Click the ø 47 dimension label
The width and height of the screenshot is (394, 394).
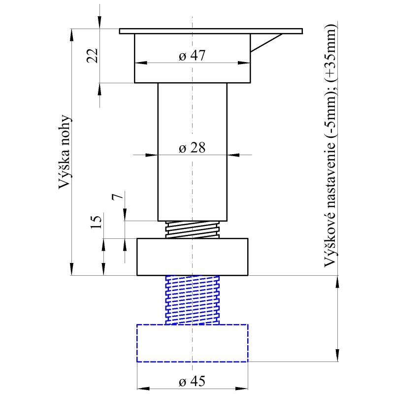(192, 56)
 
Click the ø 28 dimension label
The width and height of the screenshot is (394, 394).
(192, 147)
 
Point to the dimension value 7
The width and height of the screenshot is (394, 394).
(116, 197)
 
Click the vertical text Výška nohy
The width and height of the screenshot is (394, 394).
(65, 153)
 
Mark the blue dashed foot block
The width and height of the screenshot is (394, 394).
(192, 343)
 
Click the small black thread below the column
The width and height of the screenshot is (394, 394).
(192, 230)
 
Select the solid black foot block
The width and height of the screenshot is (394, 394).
(192, 257)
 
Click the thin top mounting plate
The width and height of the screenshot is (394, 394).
(211, 31)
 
